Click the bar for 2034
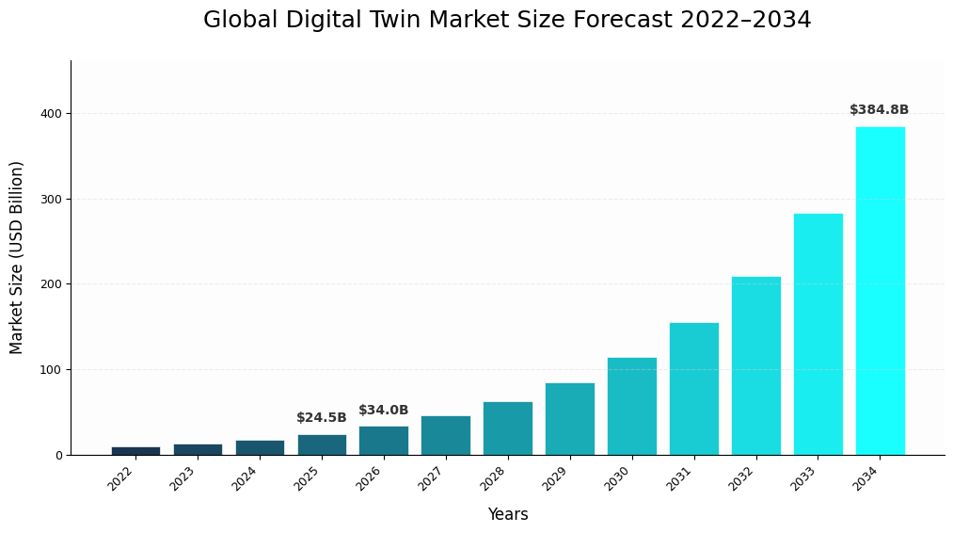point(880,291)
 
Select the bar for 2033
point(818,334)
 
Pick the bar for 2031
point(693,389)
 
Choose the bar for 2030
point(631,406)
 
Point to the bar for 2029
point(569,419)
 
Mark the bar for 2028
point(507,428)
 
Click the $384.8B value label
point(879,110)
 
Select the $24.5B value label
point(322,418)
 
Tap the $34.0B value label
point(383,411)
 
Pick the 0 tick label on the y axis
point(58,456)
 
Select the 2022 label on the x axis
point(121,478)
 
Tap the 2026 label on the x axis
point(370,478)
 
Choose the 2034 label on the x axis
point(866,478)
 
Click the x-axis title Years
point(507,515)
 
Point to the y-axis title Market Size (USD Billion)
point(17,257)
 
